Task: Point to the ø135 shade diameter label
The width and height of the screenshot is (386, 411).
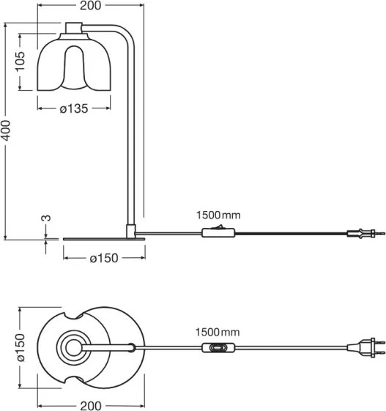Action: pyautogui.click(x=73, y=108)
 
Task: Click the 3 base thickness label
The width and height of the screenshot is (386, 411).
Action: pyautogui.click(x=45, y=219)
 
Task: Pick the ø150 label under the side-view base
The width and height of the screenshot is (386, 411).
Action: pyautogui.click(x=103, y=259)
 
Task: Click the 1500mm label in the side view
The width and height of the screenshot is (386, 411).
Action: pyautogui.click(x=218, y=215)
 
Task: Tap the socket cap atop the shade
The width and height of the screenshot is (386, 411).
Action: pyautogui.click(x=73, y=29)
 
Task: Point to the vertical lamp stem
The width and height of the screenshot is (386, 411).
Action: pyautogui.click(x=132, y=132)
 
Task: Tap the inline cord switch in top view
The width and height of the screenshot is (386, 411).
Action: pyautogui.click(x=218, y=349)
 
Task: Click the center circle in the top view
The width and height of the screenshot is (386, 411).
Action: pyautogui.click(x=73, y=349)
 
